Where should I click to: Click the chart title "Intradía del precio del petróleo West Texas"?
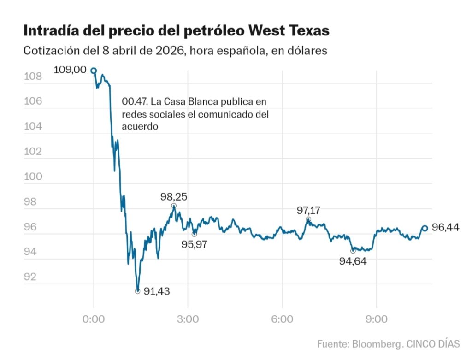[x=177, y=31]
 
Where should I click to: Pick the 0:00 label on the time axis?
[x=94, y=319]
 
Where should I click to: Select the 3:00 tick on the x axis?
[x=188, y=319]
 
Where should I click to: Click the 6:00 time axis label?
[x=282, y=319]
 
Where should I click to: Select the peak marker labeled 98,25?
[x=174, y=206]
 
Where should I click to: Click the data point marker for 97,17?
[x=308, y=219]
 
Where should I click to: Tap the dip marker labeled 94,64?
[x=353, y=251]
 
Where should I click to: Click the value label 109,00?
[x=70, y=70]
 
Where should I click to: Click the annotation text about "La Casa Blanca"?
[x=195, y=113]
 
